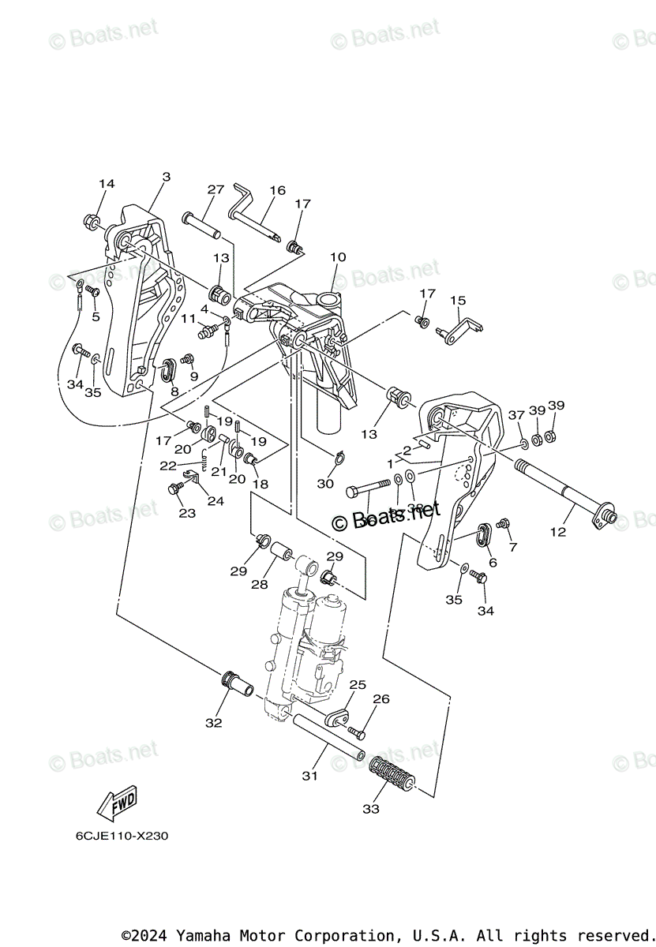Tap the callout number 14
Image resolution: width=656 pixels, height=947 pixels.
coord(107,184)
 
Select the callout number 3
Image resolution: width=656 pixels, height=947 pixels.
coord(166,178)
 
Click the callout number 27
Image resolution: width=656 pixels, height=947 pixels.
coord(216,189)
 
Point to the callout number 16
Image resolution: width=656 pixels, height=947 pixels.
coord(277,190)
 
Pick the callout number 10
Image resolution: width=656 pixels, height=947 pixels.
coord(338,256)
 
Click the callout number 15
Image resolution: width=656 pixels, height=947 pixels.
coord(458,300)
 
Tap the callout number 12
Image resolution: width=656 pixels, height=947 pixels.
coord(558,532)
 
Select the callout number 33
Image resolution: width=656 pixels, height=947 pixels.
coord(371,809)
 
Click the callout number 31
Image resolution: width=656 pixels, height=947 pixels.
coord(309,776)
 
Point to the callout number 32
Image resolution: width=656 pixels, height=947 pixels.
coord(214,722)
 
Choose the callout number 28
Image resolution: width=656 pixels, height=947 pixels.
coord(259,585)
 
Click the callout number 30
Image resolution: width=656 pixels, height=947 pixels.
coord(325,484)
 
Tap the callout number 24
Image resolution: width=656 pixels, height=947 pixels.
coord(216,500)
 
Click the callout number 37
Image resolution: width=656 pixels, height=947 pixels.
coord(516,415)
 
